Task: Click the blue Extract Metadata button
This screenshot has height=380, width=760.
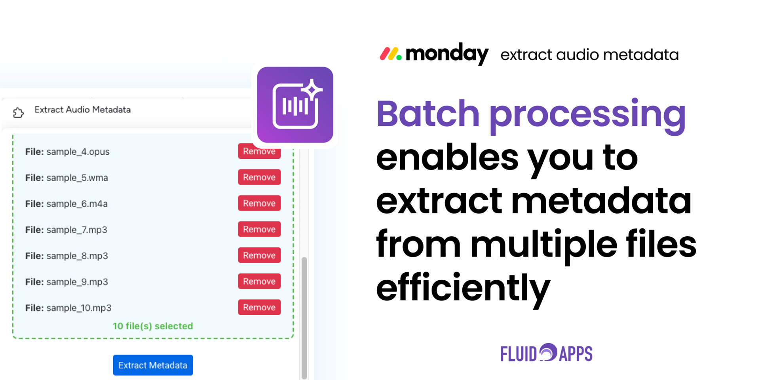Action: (153, 365)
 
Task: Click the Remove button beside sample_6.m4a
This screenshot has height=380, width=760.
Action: (259, 203)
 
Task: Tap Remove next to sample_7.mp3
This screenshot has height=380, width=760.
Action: (259, 229)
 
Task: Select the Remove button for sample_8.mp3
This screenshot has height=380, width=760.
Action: (259, 255)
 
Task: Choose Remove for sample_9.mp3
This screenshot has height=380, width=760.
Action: (259, 281)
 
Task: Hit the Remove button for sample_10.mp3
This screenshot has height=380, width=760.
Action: (259, 307)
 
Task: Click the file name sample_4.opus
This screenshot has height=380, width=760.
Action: (78, 152)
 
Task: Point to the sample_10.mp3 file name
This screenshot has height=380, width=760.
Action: (79, 308)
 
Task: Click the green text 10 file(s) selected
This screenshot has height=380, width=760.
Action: (153, 326)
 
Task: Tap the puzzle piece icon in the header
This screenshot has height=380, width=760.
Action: (18, 113)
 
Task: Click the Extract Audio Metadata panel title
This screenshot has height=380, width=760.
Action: (82, 110)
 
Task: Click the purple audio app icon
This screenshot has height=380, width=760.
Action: (295, 105)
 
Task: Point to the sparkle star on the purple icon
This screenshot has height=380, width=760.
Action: (313, 90)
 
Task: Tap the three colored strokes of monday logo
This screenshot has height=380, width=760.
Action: (391, 54)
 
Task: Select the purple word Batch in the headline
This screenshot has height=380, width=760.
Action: (428, 114)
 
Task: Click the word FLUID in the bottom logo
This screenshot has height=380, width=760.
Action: (519, 353)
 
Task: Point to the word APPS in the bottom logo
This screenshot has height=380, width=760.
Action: (576, 353)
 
